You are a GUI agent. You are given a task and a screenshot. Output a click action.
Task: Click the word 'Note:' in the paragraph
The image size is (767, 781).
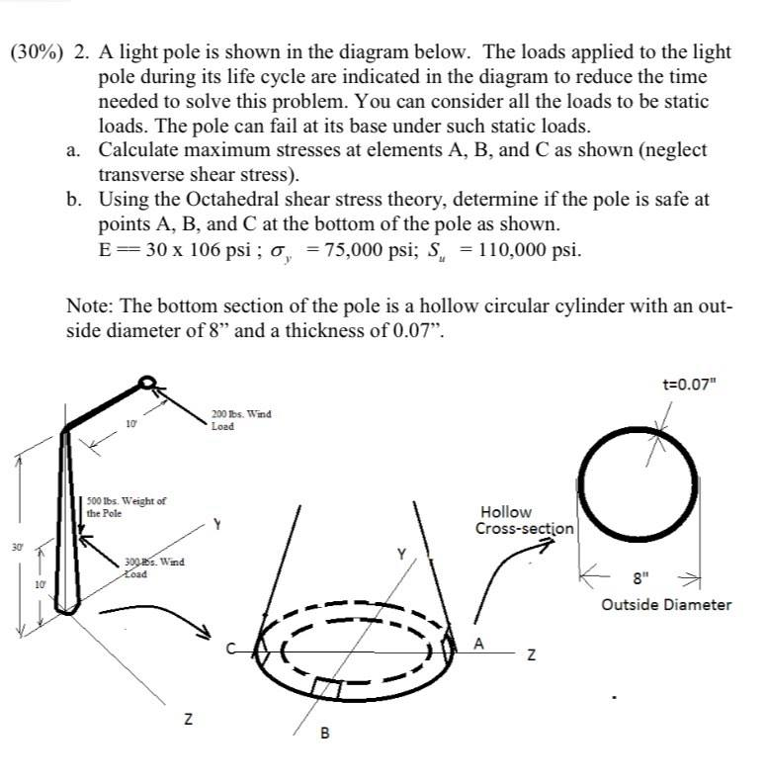[90, 306]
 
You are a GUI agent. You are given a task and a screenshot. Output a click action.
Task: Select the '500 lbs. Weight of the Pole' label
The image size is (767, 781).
[126, 507]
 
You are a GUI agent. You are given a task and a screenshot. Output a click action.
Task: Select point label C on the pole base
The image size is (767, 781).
[226, 651]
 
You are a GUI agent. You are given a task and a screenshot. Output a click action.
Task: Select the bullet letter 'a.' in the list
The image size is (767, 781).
[75, 150]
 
